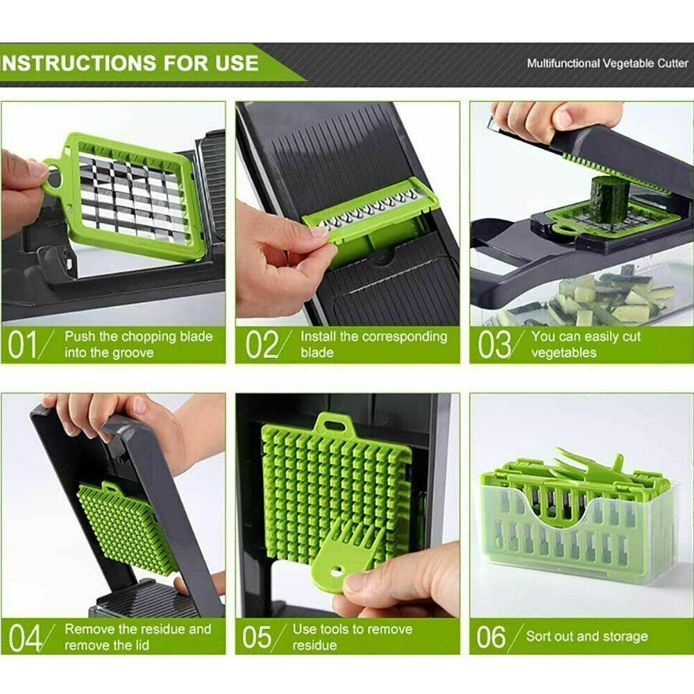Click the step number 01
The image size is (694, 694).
coord(22,344)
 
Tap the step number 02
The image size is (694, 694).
coord(262,344)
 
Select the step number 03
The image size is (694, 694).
coord(494,344)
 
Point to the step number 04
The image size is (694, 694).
coord(25,637)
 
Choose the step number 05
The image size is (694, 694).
coord(257,637)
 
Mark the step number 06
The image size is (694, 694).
coord(491,637)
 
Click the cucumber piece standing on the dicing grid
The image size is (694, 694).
coord(609,199)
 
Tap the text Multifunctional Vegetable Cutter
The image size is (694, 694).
coord(607,63)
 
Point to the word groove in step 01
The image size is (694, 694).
coord(130,353)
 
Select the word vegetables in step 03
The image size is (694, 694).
coord(564,353)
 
